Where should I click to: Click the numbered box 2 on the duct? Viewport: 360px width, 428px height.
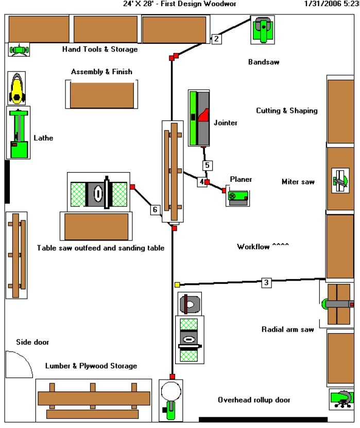[216, 38]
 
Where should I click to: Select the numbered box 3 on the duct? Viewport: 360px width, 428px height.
[266, 282]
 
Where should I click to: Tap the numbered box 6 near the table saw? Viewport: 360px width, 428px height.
[155, 209]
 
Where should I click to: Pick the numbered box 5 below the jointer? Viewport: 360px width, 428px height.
[207, 165]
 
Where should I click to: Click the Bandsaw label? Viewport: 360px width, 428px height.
[264, 62]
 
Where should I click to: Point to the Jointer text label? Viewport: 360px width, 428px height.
[225, 123]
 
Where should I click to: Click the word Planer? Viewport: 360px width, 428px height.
[241, 179]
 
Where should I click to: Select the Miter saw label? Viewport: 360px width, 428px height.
[298, 181]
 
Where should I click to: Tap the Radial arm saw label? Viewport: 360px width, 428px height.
[287, 329]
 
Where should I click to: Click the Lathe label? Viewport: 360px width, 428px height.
[43, 138]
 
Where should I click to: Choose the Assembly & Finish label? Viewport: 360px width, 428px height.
[101, 72]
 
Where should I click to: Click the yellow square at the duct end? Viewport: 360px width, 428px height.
[177, 284]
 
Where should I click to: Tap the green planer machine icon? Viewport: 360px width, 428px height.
[238, 197]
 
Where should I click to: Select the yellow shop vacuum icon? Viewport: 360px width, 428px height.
[17, 89]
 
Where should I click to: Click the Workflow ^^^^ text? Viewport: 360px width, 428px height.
[263, 247]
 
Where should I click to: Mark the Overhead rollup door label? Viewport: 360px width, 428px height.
[254, 400]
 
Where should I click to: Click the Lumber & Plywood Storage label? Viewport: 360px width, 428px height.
[91, 366]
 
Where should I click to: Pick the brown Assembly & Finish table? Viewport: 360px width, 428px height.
[101, 95]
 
